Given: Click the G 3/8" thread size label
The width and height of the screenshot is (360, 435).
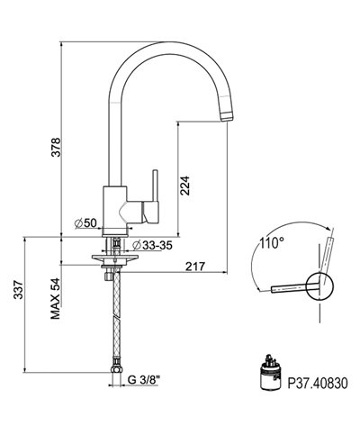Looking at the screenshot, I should [x=147, y=380].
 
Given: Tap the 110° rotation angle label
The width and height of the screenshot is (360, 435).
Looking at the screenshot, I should [x=267, y=242].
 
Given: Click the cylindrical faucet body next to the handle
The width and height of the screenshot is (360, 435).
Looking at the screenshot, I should [x=114, y=205].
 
